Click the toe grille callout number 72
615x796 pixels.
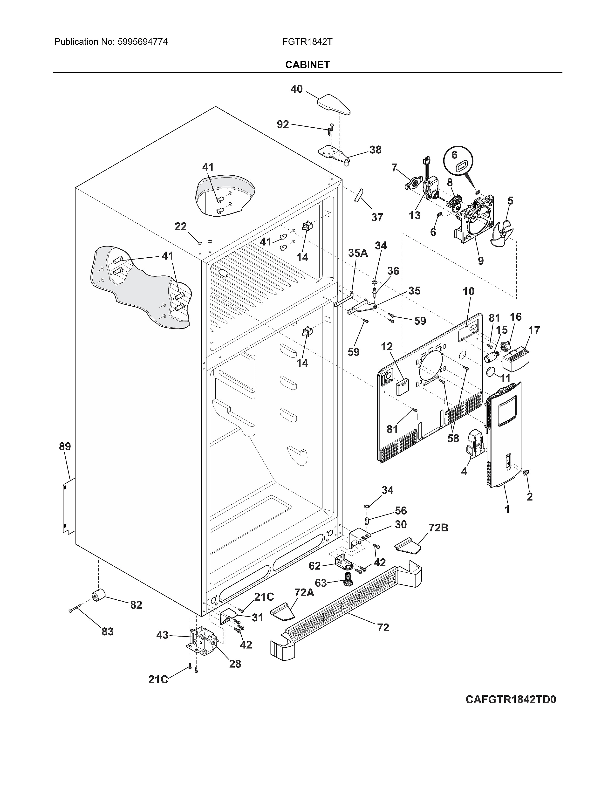[383, 627]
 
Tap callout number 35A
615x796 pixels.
[358, 253]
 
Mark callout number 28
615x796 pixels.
[235, 664]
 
